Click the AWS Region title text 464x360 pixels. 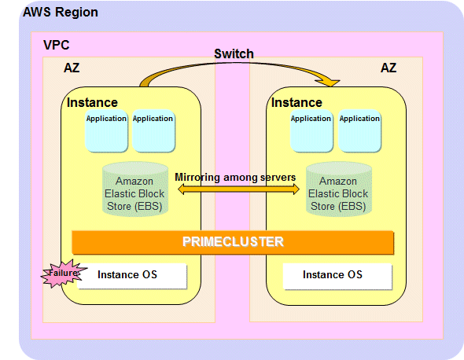61,13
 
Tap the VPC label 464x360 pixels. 56,46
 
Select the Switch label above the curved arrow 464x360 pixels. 234,53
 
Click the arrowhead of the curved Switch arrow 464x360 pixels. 331,83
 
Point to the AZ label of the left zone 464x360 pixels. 72,68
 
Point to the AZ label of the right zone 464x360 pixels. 389,68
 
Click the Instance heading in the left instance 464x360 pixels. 92,103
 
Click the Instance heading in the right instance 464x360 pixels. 296,103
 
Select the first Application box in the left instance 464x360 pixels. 106,131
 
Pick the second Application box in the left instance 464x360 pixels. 153,131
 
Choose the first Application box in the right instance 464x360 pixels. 311,131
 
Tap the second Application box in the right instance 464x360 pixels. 359,131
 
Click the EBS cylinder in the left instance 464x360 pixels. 135,189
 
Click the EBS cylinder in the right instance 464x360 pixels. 339,189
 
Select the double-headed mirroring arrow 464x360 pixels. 238,189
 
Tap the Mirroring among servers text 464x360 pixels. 235,177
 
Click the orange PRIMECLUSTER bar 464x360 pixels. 233,242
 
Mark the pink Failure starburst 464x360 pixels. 64,274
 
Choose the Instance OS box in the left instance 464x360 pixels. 132,276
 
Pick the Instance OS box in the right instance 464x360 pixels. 337,276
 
